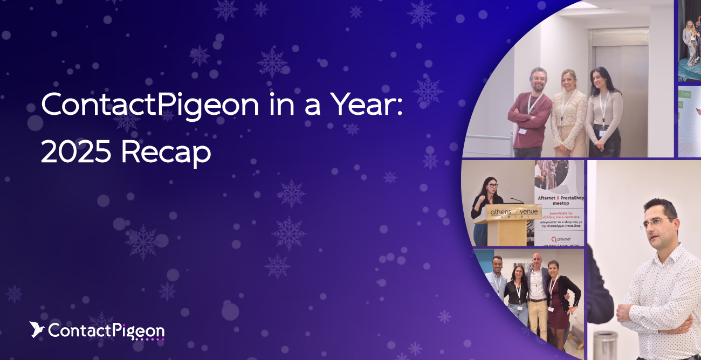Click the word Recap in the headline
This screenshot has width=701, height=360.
click(x=166, y=153)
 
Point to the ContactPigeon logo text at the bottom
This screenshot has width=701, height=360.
click(x=106, y=330)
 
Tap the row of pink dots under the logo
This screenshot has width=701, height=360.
click(x=148, y=340)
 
